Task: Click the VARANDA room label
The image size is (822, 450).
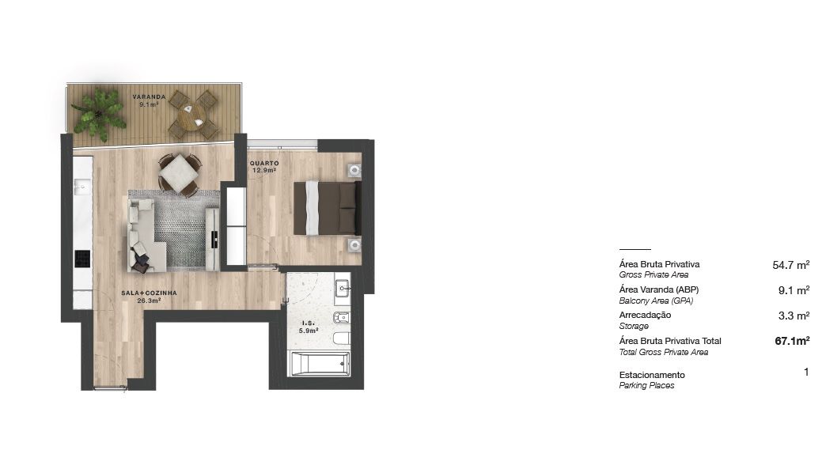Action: (x=149, y=97)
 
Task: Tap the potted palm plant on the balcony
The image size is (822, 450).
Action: (x=99, y=114)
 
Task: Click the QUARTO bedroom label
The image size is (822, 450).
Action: (x=264, y=164)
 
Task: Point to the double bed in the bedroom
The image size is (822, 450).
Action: (x=327, y=208)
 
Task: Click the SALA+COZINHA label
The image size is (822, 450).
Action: (x=149, y=293)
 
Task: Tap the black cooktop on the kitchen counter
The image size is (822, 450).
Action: (x=82, y=259)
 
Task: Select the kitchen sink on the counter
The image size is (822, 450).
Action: (x=82, y=186)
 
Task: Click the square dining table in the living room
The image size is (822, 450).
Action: (x=180, y=173)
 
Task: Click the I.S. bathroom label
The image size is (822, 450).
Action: (x=309, y=323)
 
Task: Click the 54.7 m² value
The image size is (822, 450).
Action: (x=790, y=265)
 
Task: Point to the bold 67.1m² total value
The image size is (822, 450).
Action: (x=792, y=341)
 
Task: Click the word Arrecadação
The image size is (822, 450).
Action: (x=645, y=315)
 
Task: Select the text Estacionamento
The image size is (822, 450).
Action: (x=652, y=375)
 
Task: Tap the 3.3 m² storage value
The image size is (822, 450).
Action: (x=794, y=316)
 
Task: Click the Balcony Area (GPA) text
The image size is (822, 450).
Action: (x=656, y=301)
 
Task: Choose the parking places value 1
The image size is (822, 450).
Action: (x=806, y=372)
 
